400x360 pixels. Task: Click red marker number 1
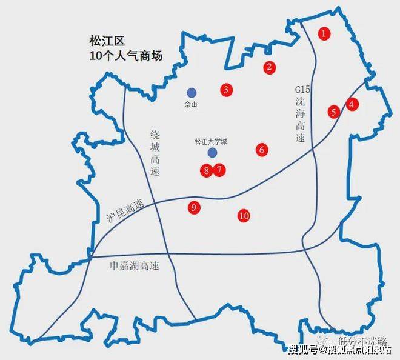click(324, 33)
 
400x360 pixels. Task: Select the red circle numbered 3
click(226, 90)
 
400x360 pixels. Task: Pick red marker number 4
click(352, 104)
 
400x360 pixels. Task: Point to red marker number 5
click(333, 112)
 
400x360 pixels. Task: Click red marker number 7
click(219, 170)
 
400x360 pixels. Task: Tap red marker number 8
click(207, 171)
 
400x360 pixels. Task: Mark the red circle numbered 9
click(194, 208)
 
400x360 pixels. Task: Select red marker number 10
click(244, 215)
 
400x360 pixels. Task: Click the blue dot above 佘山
click(192, 93)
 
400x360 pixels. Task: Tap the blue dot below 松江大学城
click(212, 153)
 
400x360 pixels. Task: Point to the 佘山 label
click(191, 104)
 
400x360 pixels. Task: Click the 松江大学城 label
click(212, 142)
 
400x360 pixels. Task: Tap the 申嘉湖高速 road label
click(130, 266)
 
